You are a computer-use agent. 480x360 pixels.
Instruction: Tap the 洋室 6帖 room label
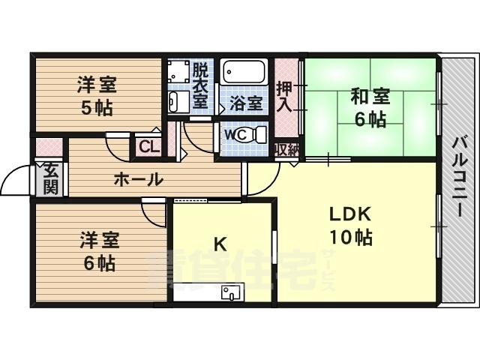pyautogui.click(x=98, y=253)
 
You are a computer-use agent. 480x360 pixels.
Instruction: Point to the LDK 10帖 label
pyautogui.click(x=350, y=226)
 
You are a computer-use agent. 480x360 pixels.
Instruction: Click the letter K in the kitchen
pyautogui.click(x=220, y=244)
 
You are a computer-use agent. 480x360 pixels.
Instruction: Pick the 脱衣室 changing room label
pyautogui.click(x=199, y=86)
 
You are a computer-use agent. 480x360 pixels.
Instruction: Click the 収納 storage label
pyautogui.click(x=286, y=149)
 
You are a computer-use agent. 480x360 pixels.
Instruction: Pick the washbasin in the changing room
pyautogui.click(x=177, y=101)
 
